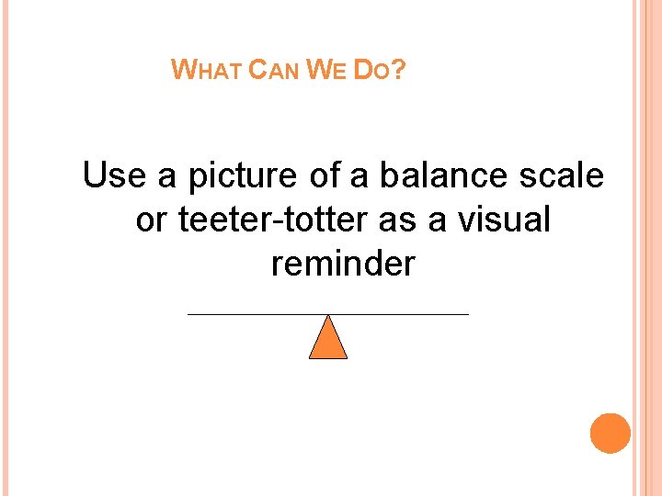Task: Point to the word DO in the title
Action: coord(372,70)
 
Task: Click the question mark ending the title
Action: coord(398,70)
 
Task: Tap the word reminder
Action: coord(343,265)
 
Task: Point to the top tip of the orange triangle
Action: coord(328,317)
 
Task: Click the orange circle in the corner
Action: coord(610,434)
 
